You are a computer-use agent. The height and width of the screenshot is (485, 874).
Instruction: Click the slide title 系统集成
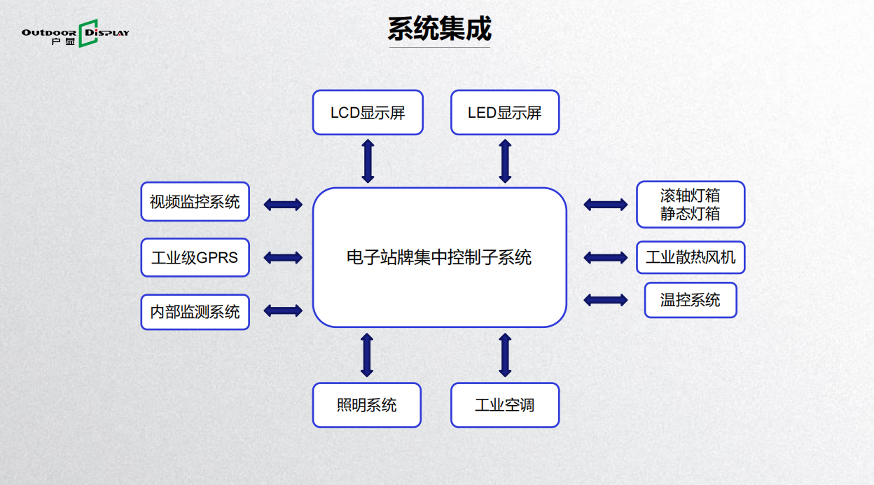tap(439, 29)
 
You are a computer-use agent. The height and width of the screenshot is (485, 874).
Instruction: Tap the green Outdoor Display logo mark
tap(88, 33)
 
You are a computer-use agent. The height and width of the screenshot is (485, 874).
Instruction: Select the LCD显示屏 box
tap(368, 112)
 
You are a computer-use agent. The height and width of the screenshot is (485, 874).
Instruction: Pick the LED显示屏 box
tap(505, 112)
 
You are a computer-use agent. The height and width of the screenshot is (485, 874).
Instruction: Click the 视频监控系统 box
tap(195, 201)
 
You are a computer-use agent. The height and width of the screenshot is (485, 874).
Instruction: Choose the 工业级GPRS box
tap(195, 257)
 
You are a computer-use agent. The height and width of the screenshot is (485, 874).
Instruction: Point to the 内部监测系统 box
tap(195, 312)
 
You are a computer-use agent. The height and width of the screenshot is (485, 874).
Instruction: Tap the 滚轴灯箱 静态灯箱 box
tap(691, 204)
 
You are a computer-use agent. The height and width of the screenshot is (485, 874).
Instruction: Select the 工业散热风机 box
tap(691, 257)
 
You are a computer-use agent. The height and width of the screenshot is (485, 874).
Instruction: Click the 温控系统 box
tap(691, 300)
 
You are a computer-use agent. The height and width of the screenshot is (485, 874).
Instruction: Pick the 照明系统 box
tap(367, 405)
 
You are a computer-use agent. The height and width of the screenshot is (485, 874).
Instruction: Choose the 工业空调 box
tap(505, 405)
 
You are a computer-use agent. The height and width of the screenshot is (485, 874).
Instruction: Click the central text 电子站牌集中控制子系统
tap(439, 257)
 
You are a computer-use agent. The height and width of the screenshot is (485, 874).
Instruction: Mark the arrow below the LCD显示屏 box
tap(368, 161)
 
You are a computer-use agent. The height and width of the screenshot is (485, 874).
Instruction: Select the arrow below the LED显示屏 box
tap(505, 161)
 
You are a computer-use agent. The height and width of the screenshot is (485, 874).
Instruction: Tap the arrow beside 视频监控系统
tap(283, 204)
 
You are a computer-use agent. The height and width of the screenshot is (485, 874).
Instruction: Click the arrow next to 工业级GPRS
tap(283, 257)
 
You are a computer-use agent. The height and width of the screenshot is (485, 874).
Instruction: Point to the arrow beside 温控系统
tap(606, 300)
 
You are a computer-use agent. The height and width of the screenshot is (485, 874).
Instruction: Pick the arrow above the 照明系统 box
tap(367, 355)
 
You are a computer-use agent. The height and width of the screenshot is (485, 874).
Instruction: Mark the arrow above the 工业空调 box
tap(505, 355)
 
